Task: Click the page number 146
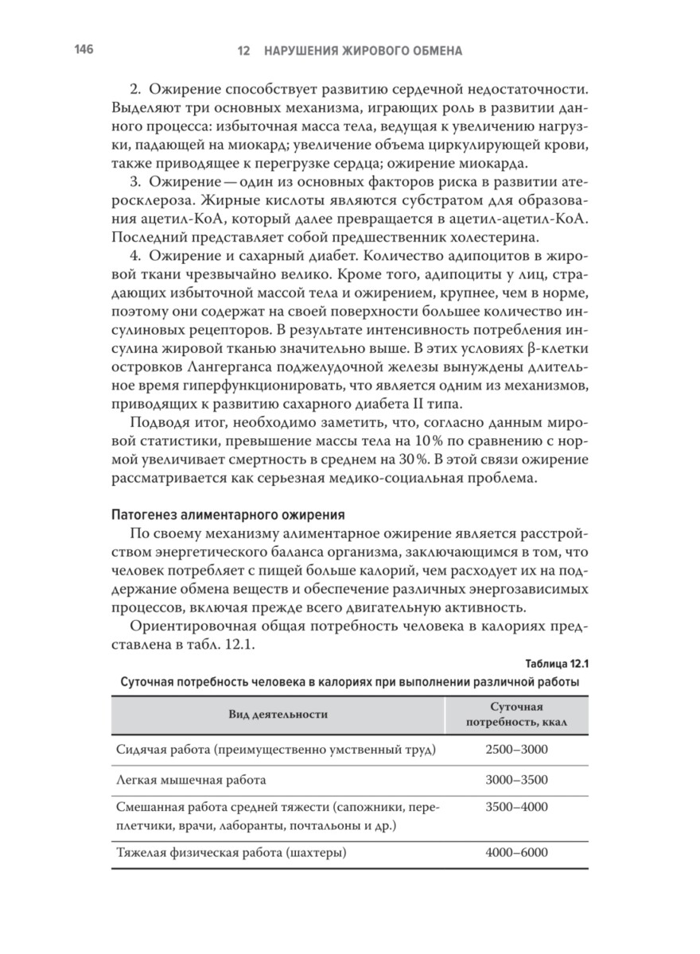pyautogui.click(x=84, y=49)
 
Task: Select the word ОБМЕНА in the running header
pyautogui.click(x=435, y=51)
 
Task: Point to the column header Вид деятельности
pyautogui.click(x=278, y=715)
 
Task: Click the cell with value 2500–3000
pyautogui.click(x=516, y=749)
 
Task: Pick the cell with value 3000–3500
pyautogui.click(x=516, y=781)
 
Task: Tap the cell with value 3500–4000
pyautogui.click(x=516, y=808)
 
